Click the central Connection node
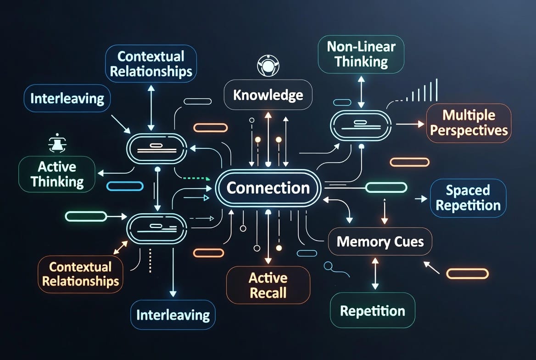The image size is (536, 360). click(x=268, y=188)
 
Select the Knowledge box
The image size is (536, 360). click(x=268, y=95)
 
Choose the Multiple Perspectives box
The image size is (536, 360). click(x=469, y=123)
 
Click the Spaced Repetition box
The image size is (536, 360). click(x=468, y=197)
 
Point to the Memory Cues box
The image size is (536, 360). click(x=380, y=242)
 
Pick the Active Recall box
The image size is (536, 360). click(x=268, y=286)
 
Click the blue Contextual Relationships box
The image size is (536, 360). click(x=151, y=64)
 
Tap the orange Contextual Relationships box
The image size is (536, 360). click(x=80, y=274)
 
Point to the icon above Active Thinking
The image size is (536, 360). click(x=57, y=143)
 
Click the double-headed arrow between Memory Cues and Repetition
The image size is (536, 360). click(x=375, y=273)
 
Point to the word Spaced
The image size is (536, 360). click(x=468, y=190)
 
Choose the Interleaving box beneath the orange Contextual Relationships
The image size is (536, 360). click(x=173, y=315)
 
